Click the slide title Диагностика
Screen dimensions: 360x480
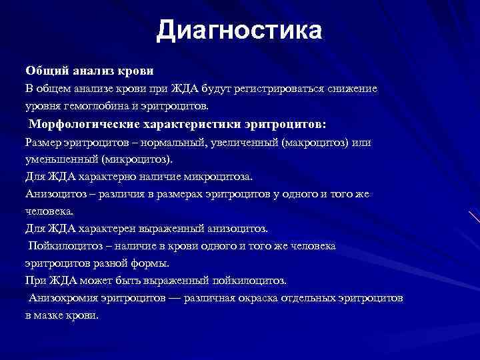pyautogui.click(x=239, y=31)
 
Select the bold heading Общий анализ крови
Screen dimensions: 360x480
pyautogui.click(x=89, y=70)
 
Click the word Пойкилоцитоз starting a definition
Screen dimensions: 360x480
pyautogui.click(x=65, y=246)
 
